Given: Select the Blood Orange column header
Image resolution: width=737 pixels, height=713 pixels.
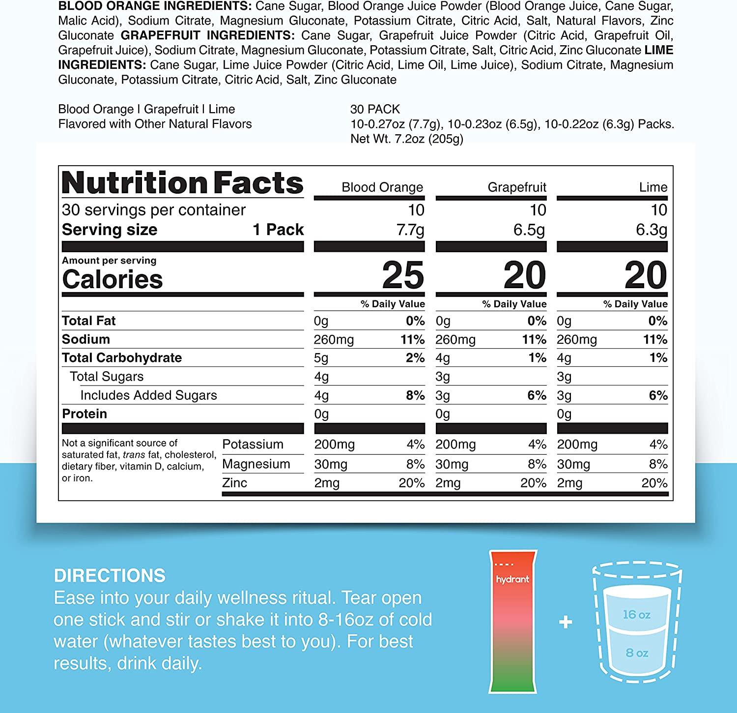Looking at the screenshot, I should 382,187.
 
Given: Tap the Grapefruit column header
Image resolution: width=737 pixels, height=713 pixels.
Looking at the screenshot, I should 516,187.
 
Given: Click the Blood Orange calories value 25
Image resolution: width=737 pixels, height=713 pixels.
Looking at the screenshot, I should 403,275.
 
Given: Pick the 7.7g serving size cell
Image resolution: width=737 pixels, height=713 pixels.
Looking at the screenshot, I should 411,230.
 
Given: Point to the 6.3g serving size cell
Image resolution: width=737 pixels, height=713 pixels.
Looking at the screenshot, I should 652,230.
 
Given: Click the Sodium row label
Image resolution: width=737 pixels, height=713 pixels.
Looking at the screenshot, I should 86,339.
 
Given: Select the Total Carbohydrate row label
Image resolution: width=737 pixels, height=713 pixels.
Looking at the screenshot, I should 122,358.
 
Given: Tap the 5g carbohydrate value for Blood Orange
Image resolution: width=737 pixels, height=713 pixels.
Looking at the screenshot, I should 321,358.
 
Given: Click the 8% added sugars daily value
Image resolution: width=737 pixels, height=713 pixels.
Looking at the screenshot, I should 415,395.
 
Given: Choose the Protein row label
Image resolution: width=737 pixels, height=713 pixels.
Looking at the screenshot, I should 85,414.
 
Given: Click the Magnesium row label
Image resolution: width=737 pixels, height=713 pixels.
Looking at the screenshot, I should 256,464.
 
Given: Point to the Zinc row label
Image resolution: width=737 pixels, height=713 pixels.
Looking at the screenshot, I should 234,483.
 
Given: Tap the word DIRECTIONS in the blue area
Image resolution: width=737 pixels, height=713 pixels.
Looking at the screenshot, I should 110,575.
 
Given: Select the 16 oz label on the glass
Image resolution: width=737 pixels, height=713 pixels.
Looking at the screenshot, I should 636,615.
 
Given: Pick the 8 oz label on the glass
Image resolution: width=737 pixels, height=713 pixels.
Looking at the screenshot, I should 637,653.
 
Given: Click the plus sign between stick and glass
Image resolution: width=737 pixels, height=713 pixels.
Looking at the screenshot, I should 566,623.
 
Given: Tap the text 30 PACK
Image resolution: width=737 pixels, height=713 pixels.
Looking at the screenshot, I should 375,109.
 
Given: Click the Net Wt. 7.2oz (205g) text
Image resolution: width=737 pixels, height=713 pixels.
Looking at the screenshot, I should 407,139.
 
